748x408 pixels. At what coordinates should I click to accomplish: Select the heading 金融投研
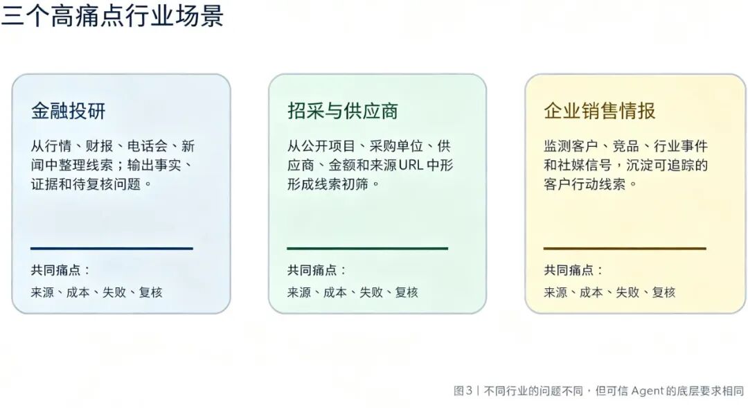[68, 111]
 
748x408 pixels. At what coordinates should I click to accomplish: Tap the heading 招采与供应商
[343, 111]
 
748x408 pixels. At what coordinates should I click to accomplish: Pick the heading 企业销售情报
[600, 111]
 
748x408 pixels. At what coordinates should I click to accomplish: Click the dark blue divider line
[112, 248]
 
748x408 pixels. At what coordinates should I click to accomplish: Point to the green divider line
[367, 248]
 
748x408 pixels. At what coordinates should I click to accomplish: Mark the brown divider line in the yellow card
[625, 248]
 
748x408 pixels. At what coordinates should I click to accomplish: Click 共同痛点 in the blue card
[55, 270]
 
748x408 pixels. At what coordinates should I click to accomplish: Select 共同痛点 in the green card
[312, 270]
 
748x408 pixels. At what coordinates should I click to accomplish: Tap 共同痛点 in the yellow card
[568, 270]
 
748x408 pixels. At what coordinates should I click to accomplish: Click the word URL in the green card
[411, 165]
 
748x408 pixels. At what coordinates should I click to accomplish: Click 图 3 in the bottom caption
[463, 391]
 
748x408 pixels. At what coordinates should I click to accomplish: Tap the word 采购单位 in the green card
[396, 146]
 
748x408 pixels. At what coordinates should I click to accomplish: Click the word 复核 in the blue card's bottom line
[151, 292]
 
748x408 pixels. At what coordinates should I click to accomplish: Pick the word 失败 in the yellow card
[627, 292]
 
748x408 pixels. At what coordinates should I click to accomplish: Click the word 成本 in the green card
[335, 292]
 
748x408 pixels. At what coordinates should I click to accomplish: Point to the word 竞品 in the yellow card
[626, 146]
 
